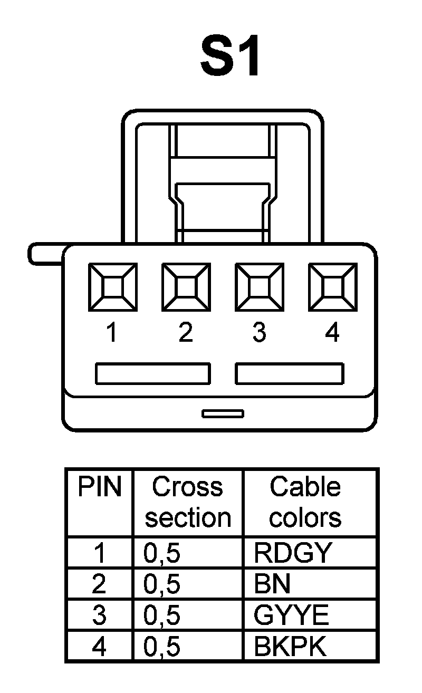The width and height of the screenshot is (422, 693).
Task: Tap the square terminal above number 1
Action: [x=112, y=287]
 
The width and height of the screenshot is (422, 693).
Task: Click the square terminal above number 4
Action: [x=333, y=287]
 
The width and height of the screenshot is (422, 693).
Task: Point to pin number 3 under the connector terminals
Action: [x=259, y=333]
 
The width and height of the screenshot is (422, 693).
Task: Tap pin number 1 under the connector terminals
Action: [x=111, y=333]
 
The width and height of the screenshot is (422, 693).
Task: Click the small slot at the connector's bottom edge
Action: [x=223, y=413]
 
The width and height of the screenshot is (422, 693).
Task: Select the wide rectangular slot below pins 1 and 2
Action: [x=152, y=373]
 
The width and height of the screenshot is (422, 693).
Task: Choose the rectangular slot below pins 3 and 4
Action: [x=290, y=373]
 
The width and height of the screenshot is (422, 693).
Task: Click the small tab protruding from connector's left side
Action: [x=45, y=253]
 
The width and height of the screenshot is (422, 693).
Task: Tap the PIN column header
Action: [x=100, y=488]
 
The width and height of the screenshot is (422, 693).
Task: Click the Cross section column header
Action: [x=188, y=503]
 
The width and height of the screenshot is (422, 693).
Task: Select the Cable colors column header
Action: [x=305, y=503]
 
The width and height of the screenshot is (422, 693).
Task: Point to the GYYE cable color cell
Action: [x=291, y=615]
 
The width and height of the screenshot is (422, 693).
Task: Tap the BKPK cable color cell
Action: [x=290, y=647]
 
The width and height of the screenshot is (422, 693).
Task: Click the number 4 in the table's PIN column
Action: [x=99, y=647]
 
